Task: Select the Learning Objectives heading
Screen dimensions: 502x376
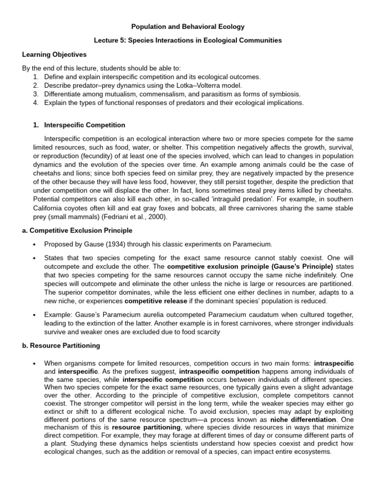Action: point(54,54)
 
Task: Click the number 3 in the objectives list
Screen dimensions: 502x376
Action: point(35,94)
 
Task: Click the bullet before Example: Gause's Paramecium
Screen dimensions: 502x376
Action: point(33,314)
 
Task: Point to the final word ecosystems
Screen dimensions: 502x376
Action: point(311,452)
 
